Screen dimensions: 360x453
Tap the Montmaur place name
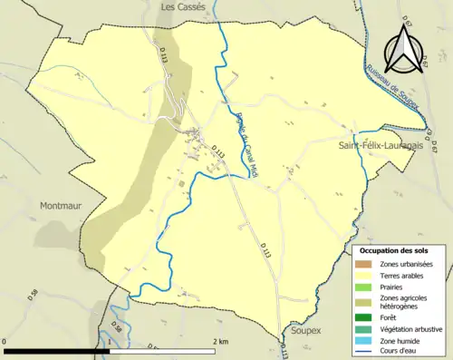point(62,206)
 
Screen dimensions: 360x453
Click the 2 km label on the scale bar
point(220,341)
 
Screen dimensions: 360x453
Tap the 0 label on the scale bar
point(6,341)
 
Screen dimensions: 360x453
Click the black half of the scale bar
point(58,350)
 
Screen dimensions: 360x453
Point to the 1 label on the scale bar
point(111,341)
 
